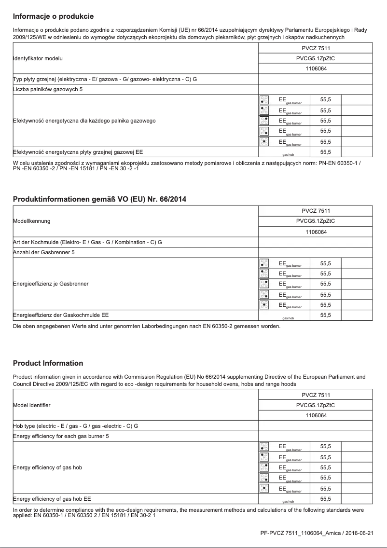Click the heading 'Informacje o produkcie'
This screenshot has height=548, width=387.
point(53,17)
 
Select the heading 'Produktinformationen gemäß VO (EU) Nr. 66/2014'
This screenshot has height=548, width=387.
point(99,199)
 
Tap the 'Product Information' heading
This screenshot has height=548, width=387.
point(48,363)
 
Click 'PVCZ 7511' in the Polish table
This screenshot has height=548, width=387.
point(316,48)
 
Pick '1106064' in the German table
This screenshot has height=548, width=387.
point(316,232)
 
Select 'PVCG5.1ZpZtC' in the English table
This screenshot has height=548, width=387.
point(316,405)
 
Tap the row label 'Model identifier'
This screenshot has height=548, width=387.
point(31,405)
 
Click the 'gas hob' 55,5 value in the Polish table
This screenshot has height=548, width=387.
point(325,152)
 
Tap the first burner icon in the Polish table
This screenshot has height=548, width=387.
point(264,100)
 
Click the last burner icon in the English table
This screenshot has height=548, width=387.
point(264,488)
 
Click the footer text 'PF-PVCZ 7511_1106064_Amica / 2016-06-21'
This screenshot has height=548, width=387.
point(317,533)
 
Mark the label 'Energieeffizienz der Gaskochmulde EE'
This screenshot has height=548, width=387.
point(60,315)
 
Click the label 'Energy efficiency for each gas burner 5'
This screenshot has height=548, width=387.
point(61,436)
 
